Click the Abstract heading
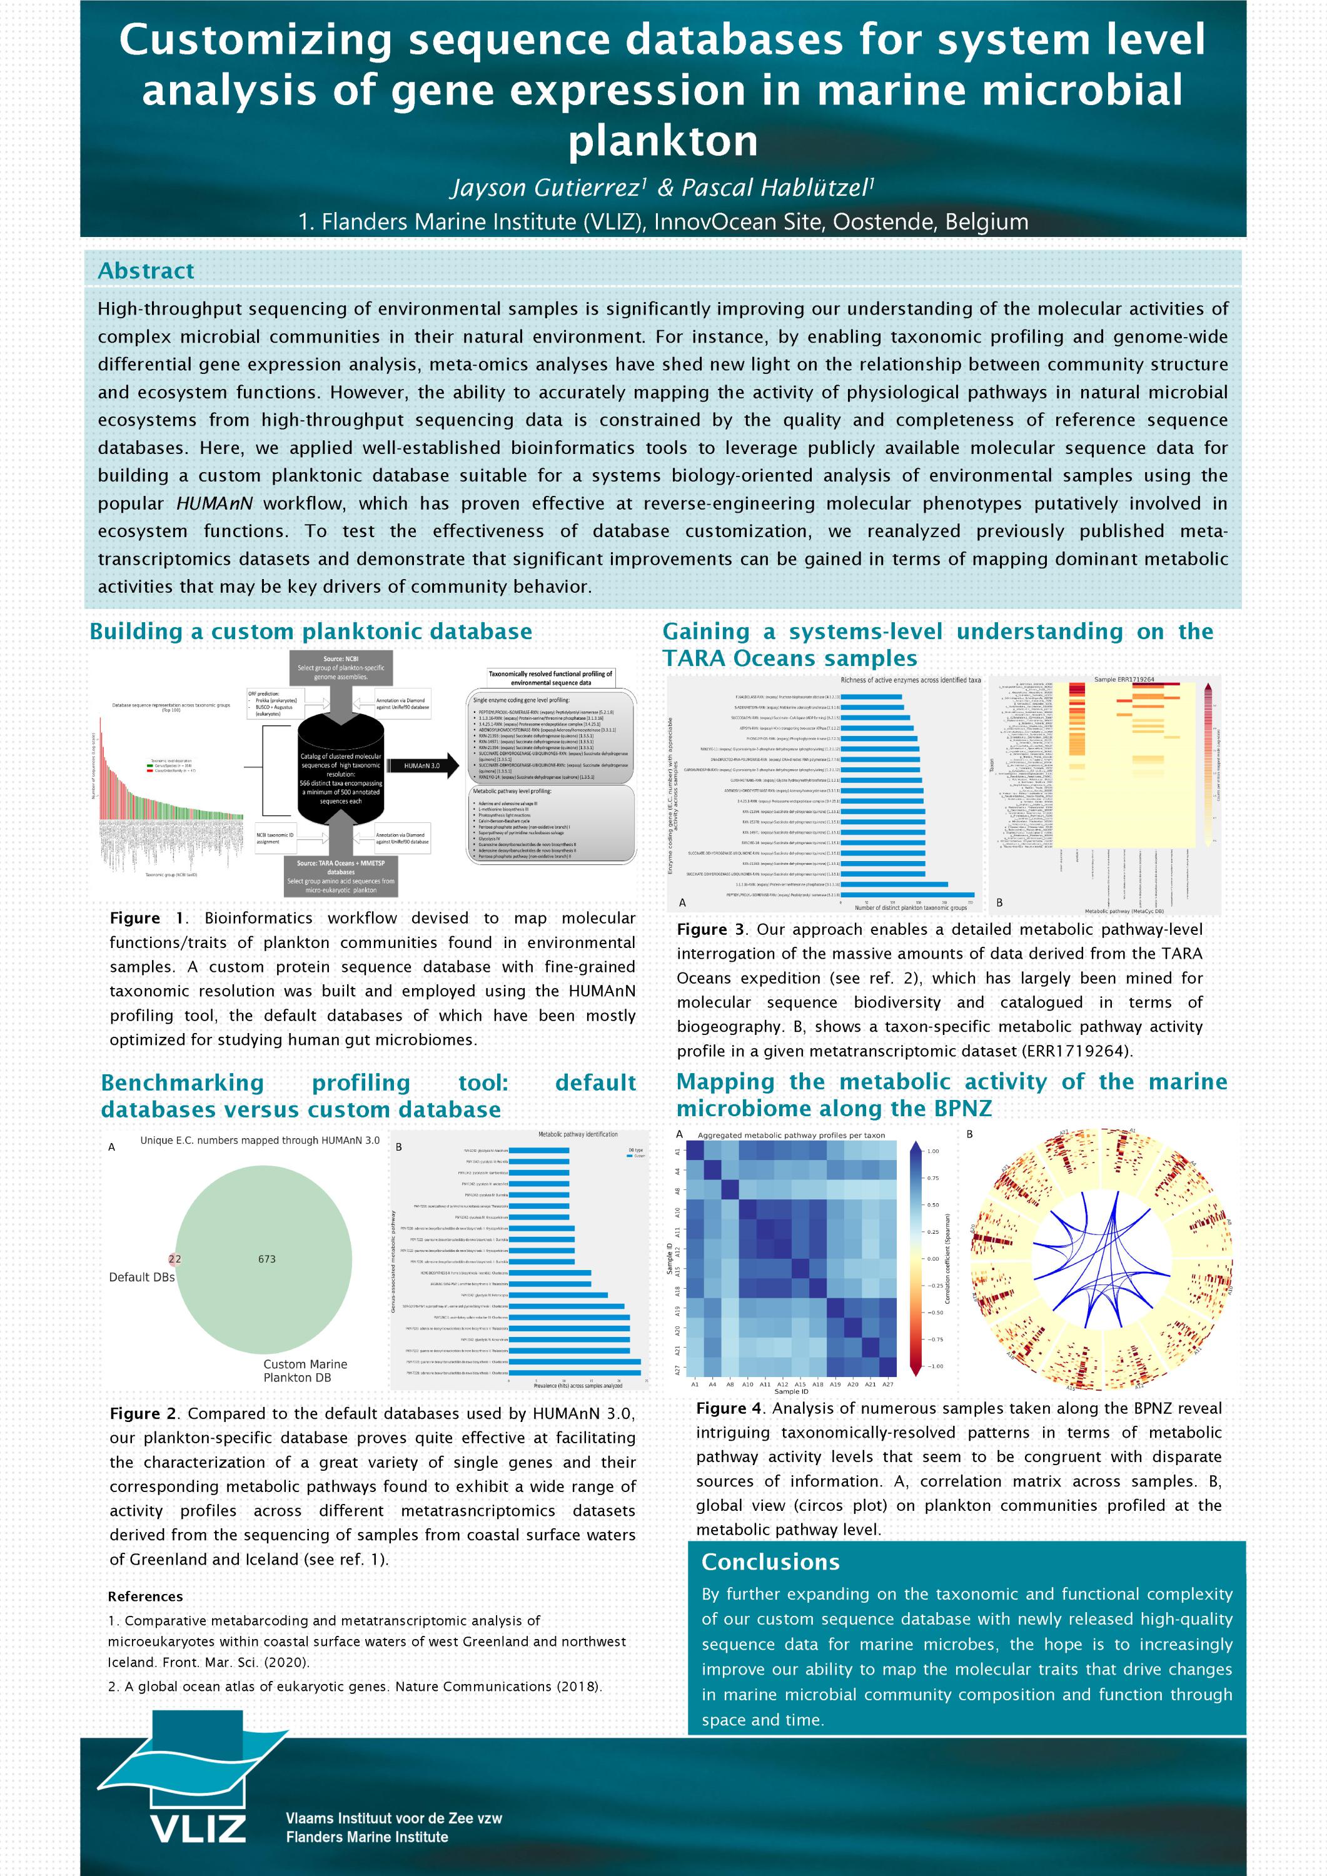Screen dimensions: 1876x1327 [146, 270]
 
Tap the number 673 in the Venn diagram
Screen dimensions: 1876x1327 [266, 1259]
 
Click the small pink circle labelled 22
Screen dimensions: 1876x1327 [174, 1259]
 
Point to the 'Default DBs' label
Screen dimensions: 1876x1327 [141, 1277]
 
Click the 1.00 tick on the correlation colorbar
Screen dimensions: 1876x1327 [932, 1151]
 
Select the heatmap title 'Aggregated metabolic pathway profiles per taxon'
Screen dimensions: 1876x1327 [790, 1135]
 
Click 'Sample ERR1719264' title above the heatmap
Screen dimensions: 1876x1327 [1124, 679]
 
